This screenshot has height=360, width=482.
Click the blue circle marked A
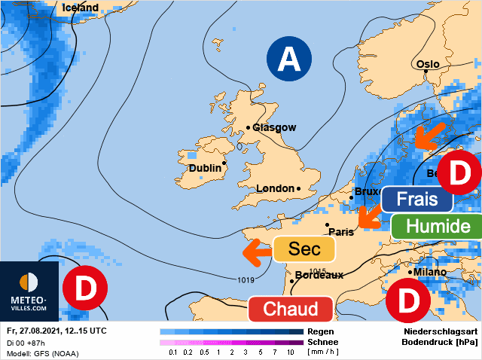288,59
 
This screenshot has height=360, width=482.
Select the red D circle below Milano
407,300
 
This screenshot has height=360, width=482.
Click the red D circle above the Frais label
459,172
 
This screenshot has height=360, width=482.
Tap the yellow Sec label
304,249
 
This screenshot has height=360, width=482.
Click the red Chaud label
290,308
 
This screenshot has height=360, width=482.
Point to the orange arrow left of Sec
256,252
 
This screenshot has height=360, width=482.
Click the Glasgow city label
274,128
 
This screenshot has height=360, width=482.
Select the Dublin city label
204,168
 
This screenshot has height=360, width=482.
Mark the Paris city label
341,232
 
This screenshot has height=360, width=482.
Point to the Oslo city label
427,65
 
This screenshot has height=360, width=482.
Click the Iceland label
81,8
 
